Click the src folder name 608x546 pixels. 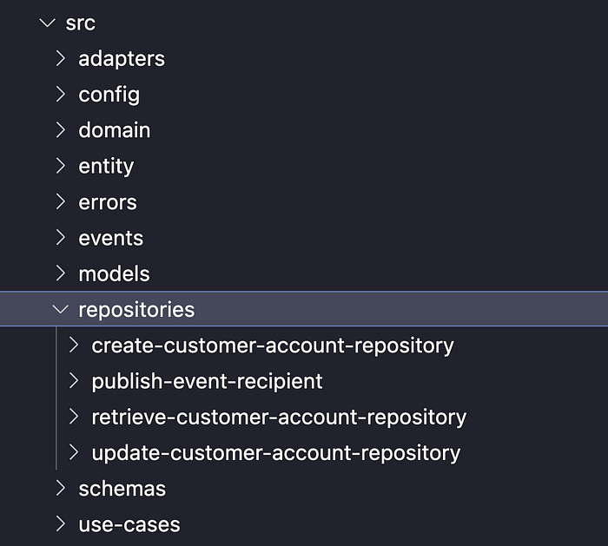80,23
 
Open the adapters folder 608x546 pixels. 121,59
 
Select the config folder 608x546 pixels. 109,95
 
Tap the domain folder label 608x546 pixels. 114,130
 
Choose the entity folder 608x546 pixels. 106,166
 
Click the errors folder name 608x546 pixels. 108,202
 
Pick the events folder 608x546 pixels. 110,238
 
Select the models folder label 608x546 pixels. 114,273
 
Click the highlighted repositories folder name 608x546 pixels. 136,310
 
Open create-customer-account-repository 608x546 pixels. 272,345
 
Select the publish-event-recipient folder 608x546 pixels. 207,381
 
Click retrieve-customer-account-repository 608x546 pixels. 279,417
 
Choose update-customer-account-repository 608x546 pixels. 275,452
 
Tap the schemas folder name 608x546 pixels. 122,489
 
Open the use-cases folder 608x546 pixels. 129,524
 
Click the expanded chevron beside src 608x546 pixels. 47,23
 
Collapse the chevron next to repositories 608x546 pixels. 60,310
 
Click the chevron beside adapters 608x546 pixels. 60,59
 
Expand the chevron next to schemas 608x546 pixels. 60,489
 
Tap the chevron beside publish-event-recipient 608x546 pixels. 74,381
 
